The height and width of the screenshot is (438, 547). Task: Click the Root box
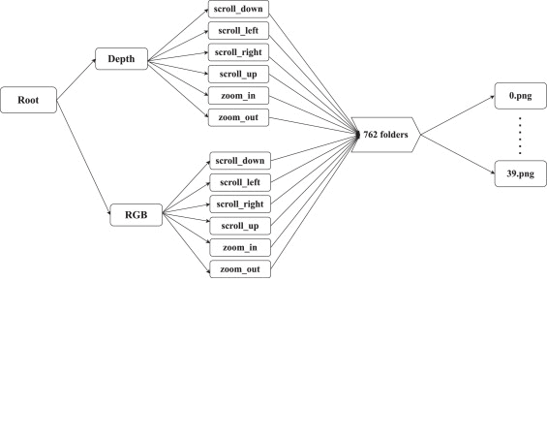[29, 100]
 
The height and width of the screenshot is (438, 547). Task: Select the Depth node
[121, 59]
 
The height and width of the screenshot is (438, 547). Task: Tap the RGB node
[137, 215]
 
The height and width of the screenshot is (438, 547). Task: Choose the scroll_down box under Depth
[238, 9]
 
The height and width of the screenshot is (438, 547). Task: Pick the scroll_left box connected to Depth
[238, 31]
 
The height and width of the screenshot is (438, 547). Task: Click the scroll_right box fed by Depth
[238, 52]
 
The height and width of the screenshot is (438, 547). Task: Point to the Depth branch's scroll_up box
[238, 74]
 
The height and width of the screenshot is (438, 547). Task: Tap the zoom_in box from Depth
[238, 96]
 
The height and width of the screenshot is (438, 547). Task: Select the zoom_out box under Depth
[238, 117]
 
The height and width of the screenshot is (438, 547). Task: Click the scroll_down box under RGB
[240, 161]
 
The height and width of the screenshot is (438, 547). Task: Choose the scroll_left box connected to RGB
[240, 182]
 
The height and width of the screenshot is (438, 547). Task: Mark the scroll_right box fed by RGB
[240, 204]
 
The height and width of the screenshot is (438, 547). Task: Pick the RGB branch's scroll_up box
[240, 226]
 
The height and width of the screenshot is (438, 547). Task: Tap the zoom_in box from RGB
[240, 247]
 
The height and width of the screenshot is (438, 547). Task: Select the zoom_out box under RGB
[240, 269]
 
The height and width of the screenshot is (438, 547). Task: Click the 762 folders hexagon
[386, 135]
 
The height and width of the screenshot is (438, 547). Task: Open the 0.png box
[521, 96]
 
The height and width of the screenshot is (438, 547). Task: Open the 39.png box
[521, 173]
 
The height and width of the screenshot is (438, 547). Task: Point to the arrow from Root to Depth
[76, 79]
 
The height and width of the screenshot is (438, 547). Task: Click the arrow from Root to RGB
[83, 157]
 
